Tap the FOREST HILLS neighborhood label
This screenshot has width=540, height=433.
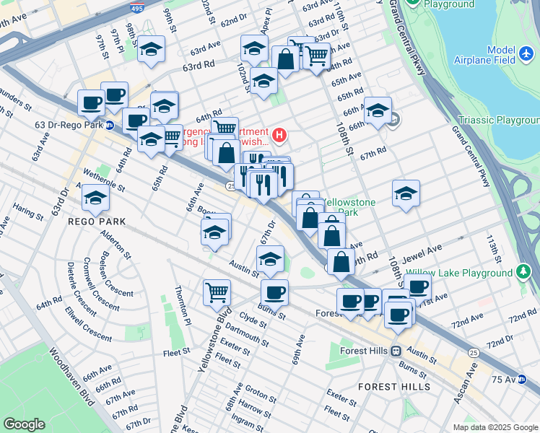pyautogui.click(x=394, y=387)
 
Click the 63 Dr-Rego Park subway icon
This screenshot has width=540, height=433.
pyautogui.click(x=109, y=125)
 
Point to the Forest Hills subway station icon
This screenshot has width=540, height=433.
pyautogui.click(x=396, y=351)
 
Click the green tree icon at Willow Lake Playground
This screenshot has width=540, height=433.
pyautogui.click(x=523, y=272)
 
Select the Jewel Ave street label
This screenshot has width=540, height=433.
pyautogui.click(x=424, y=250)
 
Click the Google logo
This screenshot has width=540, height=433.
pyautogui.click(x=24, y=424)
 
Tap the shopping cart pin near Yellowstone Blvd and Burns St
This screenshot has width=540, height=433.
pyautogui.click(x=217, y=292)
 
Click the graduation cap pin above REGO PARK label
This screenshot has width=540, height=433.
pyautogui.click(x=96, y=197)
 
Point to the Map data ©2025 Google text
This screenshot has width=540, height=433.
pyautogui.click(x=495, y=427)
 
